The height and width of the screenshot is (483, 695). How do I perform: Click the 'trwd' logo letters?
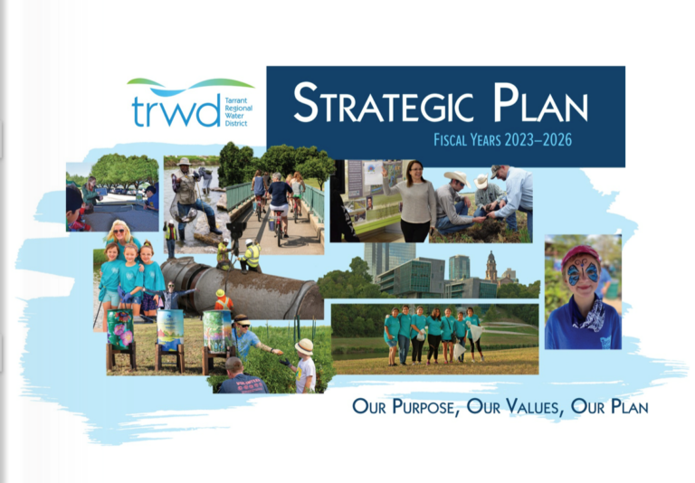coord(175,110)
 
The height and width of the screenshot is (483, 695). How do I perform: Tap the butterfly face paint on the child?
coord(581,273)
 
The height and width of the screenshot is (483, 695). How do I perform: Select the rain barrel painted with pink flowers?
coord(120,329)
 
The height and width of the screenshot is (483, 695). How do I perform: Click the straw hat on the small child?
coord(304,346)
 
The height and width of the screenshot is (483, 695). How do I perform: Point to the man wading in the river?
coord(187,194)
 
